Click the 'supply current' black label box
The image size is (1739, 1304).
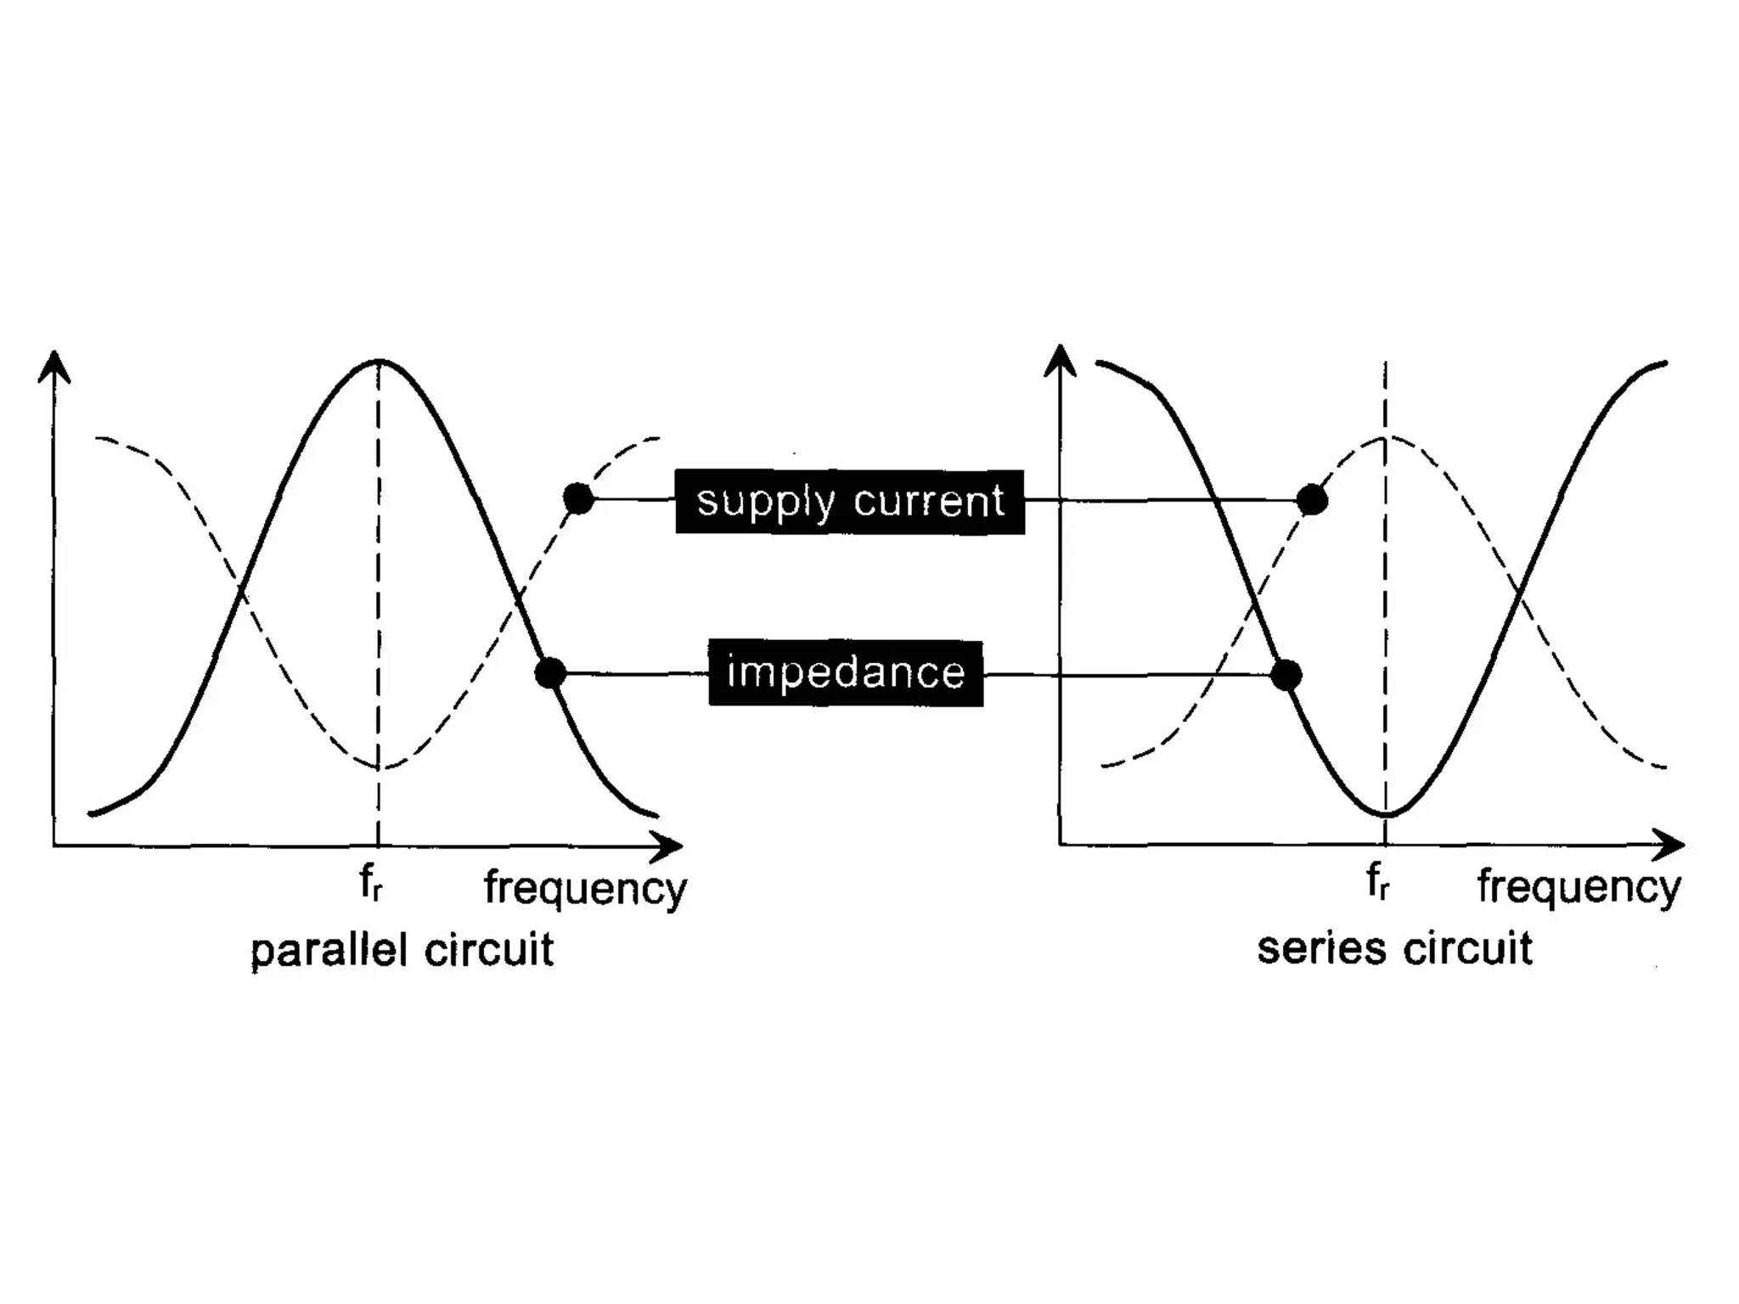[850, 502]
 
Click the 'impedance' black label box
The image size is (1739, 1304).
[846, 673]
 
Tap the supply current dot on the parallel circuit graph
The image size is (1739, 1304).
[579, 499]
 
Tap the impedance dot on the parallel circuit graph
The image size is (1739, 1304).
[550, 673]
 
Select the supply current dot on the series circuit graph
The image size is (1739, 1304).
[1313, 500]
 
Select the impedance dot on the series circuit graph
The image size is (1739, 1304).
[1286, 675]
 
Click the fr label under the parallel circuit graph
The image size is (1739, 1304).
[371, 884]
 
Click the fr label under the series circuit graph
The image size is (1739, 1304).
[1377, 883]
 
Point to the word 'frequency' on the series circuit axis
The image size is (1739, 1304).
[1579, 888]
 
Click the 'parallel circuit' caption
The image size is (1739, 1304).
[402, 950]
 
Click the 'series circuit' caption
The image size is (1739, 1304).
[1395, 948]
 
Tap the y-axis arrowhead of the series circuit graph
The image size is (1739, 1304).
[1060, 359]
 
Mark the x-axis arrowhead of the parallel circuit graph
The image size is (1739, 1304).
[670, 846]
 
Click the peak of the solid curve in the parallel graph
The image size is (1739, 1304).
[379, 362]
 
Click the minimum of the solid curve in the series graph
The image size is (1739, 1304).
[1386, 815]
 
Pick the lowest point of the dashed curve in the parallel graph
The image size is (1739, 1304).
[380, 767]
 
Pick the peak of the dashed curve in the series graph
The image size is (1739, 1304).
[1386, 438]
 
